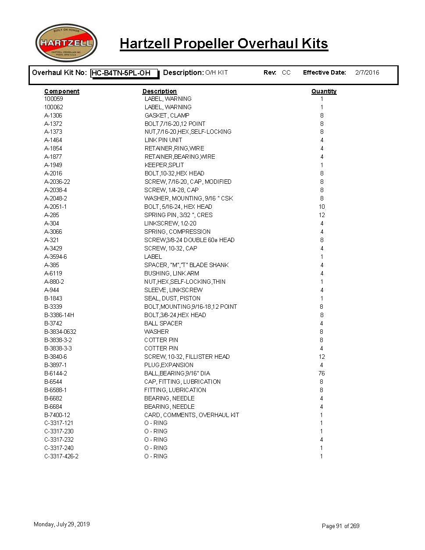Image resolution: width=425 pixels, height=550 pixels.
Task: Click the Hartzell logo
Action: [x=66, y=43]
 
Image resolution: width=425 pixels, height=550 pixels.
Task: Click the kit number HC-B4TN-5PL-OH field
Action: [x=124, y=73]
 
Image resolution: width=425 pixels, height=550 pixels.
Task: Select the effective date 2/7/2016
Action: [x=367, y=73]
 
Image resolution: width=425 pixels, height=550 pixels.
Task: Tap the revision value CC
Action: [x=286, y=73]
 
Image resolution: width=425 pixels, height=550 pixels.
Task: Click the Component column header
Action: [x=62, y=91]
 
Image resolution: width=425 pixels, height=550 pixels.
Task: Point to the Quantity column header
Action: [x=324, y=91]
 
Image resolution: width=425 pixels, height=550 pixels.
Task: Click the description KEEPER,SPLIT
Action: [x=164, y=165]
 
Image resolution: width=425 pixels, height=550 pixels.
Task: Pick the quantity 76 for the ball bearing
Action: [x=321, y=373]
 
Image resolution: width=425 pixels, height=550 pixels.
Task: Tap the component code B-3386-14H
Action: [x=59, y=315]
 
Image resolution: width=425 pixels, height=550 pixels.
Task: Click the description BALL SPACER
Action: [x=163, y=323]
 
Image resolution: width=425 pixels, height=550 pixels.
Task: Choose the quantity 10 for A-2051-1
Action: [x=321, y=207]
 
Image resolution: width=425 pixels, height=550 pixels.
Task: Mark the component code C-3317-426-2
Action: [x=61, y=456]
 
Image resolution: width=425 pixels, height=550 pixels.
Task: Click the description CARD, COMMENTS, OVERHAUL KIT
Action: [x=192, y=415]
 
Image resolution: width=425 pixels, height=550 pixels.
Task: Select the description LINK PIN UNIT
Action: [x=163, y=140]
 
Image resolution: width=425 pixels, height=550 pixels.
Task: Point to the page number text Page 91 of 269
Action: [x=340, y=526]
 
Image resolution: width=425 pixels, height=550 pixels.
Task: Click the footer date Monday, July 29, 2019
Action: [x=62, y=524]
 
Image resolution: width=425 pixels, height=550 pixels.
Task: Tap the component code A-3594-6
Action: [x=56, y=257]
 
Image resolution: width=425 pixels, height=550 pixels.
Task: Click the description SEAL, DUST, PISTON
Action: [x=172, y=298]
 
